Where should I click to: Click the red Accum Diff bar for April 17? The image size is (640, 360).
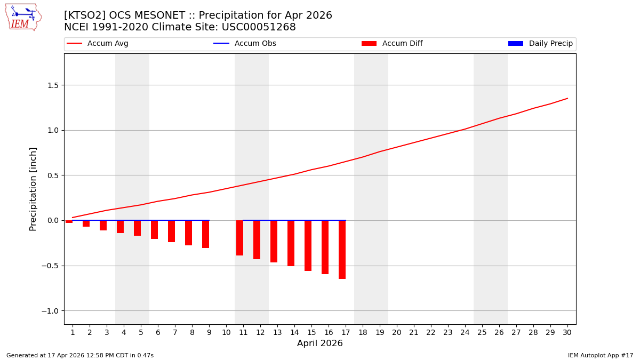[x=342, y=249]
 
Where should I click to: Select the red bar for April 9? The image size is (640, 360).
[x=205, y=234]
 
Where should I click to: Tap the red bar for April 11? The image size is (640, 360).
[x=239, y=237]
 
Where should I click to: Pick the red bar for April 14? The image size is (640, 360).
[x=291, y=243]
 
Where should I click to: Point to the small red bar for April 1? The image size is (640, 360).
[x=69, y=221]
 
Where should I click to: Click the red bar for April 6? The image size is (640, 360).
[x=154, y=229]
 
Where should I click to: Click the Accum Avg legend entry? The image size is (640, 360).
[x=98, y=44]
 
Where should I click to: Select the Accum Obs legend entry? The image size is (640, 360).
[x=245, y=44]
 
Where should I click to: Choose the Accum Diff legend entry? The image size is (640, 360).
[x=392, y=44]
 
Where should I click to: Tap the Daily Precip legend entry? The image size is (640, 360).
[x=540, y=44]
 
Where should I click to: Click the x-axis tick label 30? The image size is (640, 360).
[x=567, y=332]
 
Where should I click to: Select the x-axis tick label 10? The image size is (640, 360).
[x=226, y=332]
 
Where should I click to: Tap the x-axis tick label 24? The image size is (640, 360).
[x=465, y=332]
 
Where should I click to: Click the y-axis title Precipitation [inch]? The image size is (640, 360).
[x=33, y=189]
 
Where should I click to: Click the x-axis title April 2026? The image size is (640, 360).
[x=320, y=343]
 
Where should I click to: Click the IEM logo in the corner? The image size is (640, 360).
[x=23, y=17]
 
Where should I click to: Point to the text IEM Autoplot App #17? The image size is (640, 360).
[x=601, y=355]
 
